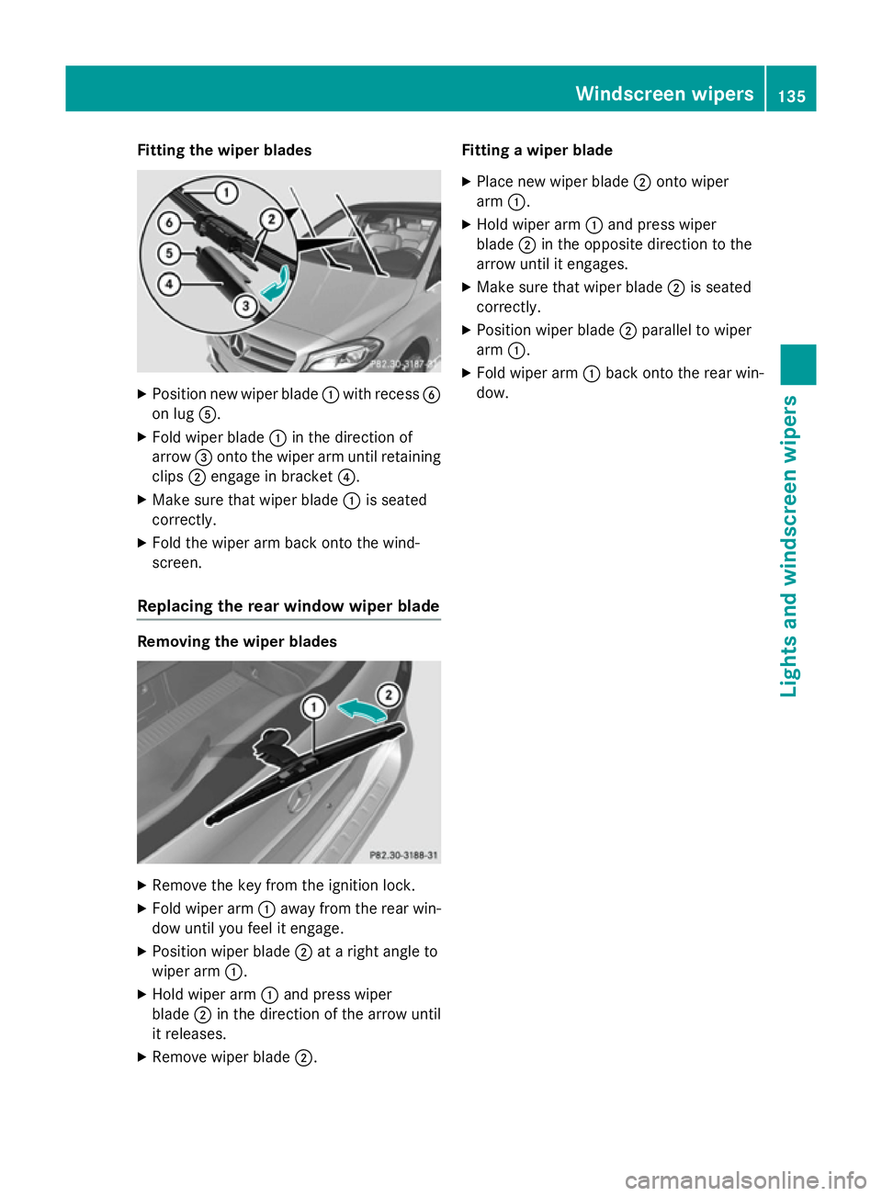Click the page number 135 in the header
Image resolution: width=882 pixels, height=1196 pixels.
tap(791, 96)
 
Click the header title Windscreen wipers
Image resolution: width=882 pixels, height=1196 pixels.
tap(664, 94)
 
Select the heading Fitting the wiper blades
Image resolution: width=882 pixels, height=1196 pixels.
tap(224, 151)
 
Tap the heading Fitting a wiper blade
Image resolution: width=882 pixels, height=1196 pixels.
tap(537, 151)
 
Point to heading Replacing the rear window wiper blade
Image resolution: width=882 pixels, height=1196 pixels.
tap(288, 606)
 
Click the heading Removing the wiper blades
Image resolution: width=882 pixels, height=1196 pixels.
tap(237, 642)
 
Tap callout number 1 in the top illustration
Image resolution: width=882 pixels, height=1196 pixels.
tap(226, 193)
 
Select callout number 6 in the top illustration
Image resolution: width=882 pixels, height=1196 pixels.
tap(169, 222)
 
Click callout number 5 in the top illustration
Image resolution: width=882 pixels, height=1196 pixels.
tap(169, 254)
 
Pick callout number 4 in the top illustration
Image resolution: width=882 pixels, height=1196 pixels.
tap(169, 284)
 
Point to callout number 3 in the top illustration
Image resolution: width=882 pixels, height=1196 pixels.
tap(245, 306)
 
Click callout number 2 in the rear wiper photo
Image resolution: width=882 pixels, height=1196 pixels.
tap(389, 694)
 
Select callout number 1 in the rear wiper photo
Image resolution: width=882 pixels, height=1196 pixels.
tap(314, 707)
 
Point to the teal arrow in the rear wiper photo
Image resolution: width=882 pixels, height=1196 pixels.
tap(361, 711)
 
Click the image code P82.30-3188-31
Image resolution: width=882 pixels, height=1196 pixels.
tap(403, 855)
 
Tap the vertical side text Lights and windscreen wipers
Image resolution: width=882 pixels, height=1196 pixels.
tap(789, 546)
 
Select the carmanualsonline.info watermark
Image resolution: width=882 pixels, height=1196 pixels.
tap(745, 1179)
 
